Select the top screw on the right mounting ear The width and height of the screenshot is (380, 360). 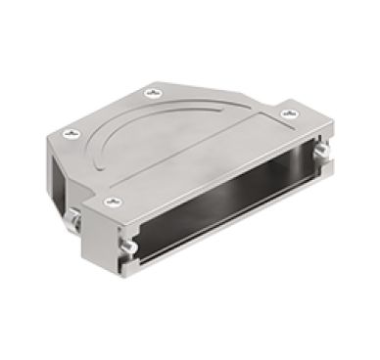pyautogui.click(x=287, y=114)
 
